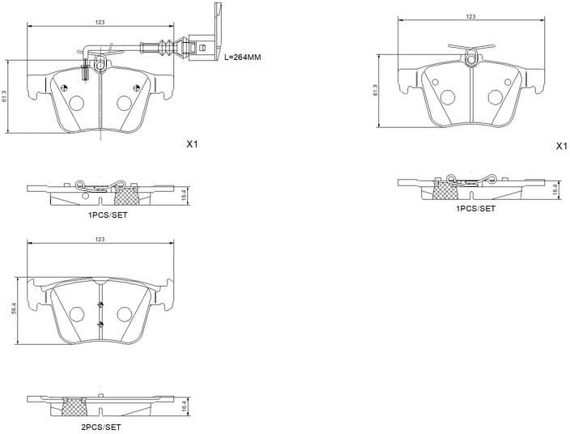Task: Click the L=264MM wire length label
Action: tap(242, 57)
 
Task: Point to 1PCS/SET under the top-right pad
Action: tap(476, 208)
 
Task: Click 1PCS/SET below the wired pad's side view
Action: tap(108, 215)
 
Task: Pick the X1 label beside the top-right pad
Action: tap(561, 147)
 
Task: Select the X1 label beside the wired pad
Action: tap(192, 144)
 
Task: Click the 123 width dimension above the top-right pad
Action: tap(470, 16)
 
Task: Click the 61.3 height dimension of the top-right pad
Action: tap(376, 91)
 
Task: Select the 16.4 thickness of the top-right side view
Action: tap(555, 189)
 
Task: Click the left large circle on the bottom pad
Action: tap(77, 314)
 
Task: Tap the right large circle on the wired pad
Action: tap(124, 103)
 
